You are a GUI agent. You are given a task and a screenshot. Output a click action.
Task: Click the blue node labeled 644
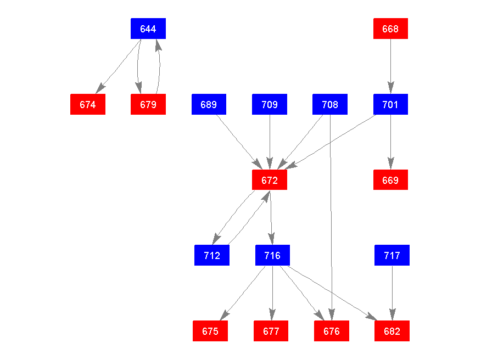point(148,29)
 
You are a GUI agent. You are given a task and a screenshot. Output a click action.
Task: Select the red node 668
point(390,29)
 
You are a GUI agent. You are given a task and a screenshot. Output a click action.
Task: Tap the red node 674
point(88,104)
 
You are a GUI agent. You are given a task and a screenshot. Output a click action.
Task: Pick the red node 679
point(148,104)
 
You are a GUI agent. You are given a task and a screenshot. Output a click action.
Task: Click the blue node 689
point(209,104)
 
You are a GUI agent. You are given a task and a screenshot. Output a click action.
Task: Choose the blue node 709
point(270,104)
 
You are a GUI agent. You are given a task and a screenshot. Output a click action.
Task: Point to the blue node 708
point(330,104)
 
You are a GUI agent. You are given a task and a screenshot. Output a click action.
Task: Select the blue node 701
point(390,104)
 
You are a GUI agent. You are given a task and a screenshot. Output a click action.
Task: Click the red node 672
point(270,180)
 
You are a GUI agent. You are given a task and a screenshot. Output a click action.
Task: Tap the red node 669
point(390,180)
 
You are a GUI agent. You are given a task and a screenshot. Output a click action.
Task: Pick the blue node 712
point(212,255)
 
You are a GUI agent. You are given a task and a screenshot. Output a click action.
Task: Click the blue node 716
point(272,255)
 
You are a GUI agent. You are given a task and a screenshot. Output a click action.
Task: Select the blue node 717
point(392,255)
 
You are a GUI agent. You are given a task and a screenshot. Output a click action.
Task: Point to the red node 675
point(210,331)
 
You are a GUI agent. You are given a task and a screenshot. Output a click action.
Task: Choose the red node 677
point(271,331)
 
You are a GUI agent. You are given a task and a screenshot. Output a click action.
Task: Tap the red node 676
point(332,331)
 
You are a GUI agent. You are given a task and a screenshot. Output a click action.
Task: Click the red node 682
point(392,331)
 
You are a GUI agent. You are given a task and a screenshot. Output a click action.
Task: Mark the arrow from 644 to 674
point(119,66)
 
